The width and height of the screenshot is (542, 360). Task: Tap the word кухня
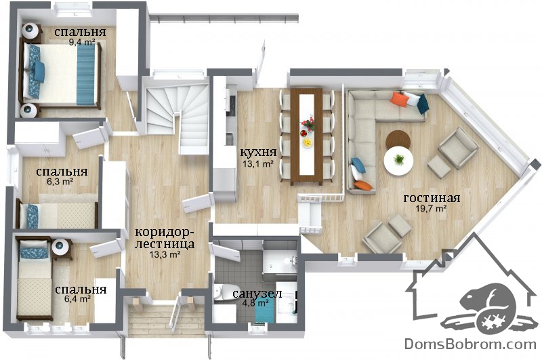coord(258,152)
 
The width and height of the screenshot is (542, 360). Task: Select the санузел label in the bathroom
coord(257,294)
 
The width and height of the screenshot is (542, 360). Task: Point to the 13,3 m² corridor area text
coord(164,255)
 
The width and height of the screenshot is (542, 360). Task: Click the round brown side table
coord(398,139)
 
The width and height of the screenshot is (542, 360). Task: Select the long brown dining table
coord(307,136)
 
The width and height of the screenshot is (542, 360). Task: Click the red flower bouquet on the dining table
coord(308,123)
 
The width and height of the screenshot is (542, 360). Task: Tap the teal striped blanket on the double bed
coord(86,75)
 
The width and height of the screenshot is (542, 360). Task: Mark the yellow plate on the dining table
coord(307,142)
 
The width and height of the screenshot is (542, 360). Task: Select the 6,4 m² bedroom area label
coord(77,299)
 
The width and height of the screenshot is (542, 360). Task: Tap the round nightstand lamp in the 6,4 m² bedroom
coord(61,246)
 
